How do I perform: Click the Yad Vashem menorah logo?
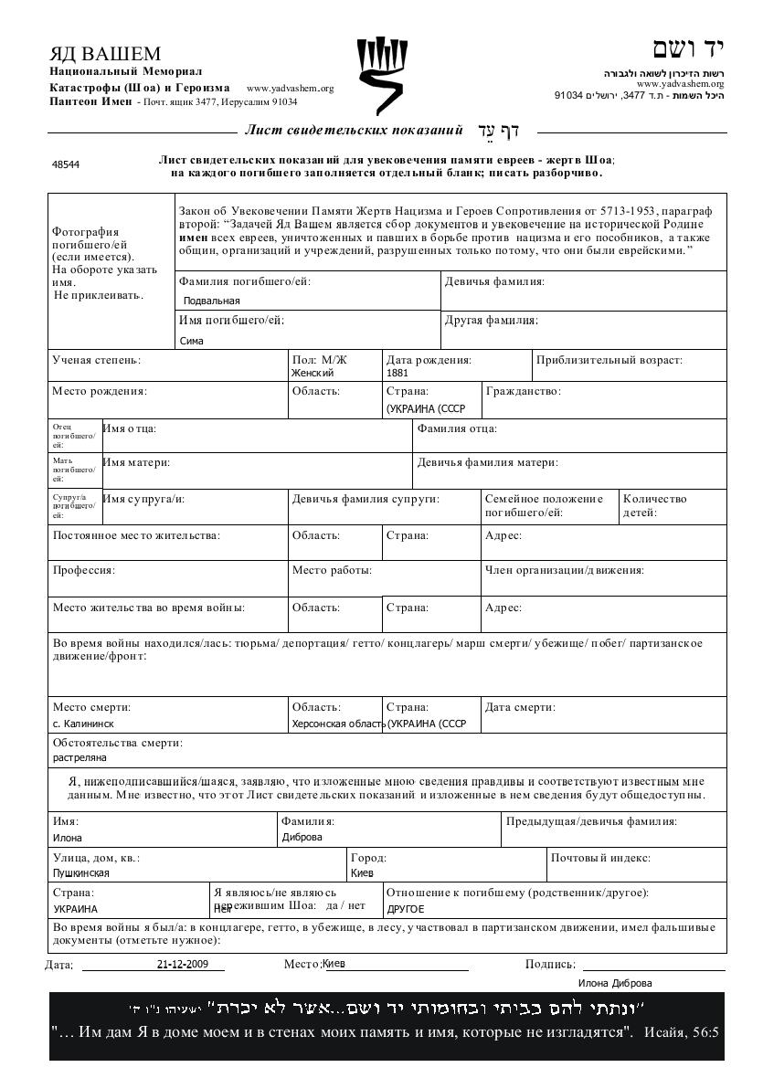(380, 77)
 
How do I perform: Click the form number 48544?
(66, 165)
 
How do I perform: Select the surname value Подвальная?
(212, 301)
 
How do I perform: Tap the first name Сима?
(192, 341)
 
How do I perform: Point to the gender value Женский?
(313, 373)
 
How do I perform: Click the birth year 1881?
(397, 373)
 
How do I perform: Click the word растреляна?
(79, 757)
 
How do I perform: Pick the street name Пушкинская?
(81, 872)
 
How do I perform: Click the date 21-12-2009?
(183, 964)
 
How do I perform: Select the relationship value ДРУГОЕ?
(406, 909)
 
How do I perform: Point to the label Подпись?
(550, 964)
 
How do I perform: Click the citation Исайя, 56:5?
(682, 1032)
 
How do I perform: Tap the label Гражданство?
(524, 391)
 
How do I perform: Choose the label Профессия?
(84, 570)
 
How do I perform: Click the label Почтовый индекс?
(600, 858)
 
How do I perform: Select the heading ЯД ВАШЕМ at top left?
(105, 54)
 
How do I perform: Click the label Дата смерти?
(520, 707)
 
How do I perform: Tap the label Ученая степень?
(97, 360)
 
